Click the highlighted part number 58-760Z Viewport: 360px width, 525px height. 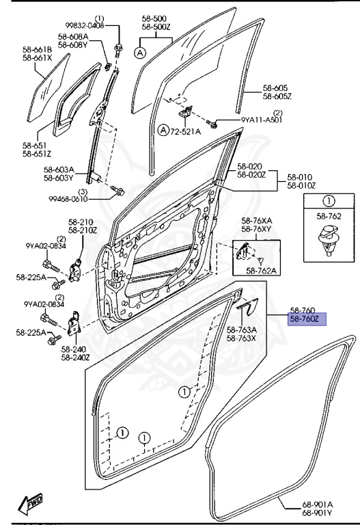[x=305, y=319]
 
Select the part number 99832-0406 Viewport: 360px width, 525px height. [x=85, y=26]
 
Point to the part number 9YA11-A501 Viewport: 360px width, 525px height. [x=262, y=120]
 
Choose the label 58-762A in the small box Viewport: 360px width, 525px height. [x=263, y=271]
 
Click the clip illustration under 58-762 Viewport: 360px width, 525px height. [x=329, y=241]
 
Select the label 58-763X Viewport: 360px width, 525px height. [x=242, y=338]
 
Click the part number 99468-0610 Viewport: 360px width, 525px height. [x=68, y=199]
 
